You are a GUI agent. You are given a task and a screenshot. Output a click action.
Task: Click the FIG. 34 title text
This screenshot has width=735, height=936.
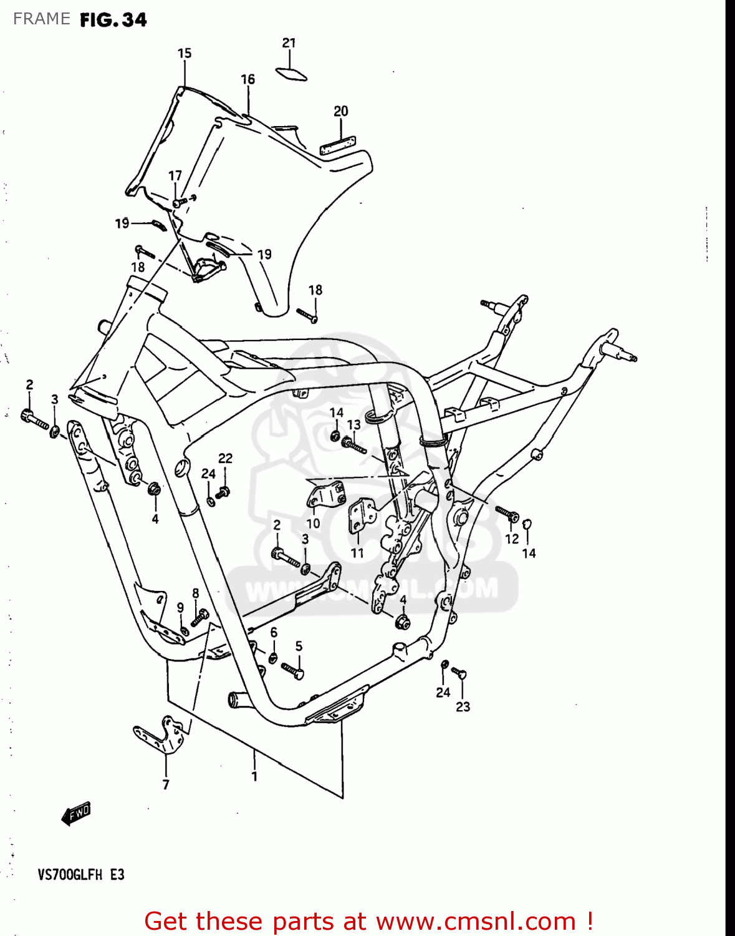[113, 20]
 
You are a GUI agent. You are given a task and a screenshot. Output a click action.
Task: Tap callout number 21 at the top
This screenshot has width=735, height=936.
[289, 43]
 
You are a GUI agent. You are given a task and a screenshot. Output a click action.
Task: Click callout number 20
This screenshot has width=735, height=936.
[340, 111]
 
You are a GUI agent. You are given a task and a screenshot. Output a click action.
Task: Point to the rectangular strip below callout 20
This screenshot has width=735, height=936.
[337, 146]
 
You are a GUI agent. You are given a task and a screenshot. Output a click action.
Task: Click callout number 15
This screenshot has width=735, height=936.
[185, 54]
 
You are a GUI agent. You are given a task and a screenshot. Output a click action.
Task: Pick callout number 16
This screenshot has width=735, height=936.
[247, 79]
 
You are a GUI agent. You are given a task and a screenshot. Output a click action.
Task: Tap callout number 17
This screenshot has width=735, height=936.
[175, 176]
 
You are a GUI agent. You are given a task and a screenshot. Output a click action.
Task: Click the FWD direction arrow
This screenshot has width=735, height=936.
[76, 814]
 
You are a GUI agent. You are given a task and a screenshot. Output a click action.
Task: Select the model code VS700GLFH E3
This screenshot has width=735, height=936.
[81, 875]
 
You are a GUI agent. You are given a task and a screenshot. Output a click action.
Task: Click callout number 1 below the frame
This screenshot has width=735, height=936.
[254, 777]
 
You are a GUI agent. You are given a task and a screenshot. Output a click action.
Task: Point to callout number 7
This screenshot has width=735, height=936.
[166, 785]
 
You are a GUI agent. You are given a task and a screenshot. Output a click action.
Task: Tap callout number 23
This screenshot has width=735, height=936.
[463, 707]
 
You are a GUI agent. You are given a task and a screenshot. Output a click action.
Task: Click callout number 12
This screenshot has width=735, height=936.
[512, 539]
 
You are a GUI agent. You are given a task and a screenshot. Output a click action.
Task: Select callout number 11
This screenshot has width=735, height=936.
[357, 553]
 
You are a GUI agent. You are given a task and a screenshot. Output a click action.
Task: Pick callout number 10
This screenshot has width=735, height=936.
[313, 524]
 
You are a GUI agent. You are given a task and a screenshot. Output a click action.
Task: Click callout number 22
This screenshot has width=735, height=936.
[225, 458]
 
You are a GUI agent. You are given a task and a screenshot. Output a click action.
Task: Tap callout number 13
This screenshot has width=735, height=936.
[353, 425]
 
